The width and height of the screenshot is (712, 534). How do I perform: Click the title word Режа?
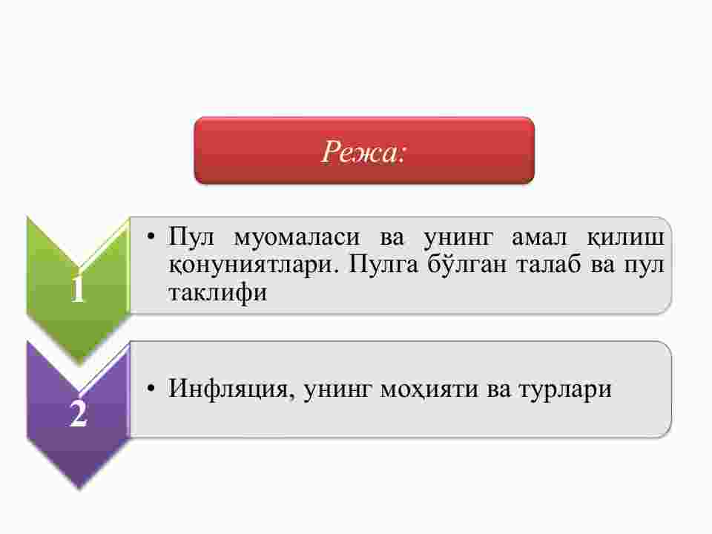point(363,151)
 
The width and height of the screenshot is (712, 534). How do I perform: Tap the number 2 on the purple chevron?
point(78,413)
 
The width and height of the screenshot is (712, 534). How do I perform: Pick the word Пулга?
point(383,264)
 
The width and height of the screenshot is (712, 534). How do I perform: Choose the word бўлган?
point(467,263)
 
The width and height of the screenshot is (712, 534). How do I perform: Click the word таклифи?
point(217,292)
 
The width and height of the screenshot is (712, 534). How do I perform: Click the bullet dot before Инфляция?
point(151,388)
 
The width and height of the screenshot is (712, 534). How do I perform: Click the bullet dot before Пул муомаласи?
point(151,236)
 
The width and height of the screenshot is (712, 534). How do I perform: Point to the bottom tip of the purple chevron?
point(79,489)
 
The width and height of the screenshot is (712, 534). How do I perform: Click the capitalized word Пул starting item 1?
point(191,237)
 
